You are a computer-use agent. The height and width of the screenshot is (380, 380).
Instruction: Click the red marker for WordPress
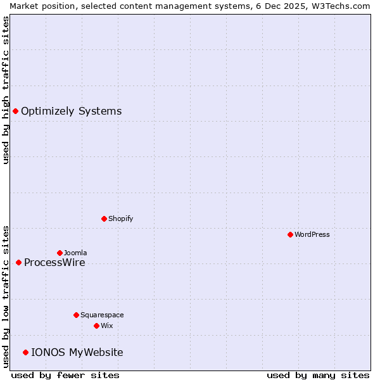click(x=290, y=234)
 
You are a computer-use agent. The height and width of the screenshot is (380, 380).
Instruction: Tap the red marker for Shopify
click(x=104, y=218)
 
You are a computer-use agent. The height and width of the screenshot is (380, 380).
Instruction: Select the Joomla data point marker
click(x=60, y=253)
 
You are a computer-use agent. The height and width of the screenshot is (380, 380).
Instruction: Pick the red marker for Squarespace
click(x=76, y=315)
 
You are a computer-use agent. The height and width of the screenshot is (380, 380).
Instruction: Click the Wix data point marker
click(x=96, y=326)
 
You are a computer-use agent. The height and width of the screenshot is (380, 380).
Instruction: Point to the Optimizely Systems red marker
click(x=15, y=111)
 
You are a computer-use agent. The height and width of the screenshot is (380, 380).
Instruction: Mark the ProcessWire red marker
click(x=18, y=262)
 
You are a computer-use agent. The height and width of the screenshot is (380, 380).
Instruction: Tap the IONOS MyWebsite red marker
click(x=25, y=352)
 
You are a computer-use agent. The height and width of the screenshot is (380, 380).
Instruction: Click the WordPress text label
click(x=312, y=234)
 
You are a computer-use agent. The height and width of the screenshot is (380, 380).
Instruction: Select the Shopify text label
click(x=120, y=218)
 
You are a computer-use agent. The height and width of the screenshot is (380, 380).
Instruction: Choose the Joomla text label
click(x=75, y=253)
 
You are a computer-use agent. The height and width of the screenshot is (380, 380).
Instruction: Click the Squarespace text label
click(x=102, y=315)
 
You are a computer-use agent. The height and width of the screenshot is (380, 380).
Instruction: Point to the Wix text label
click(x=106, y=326)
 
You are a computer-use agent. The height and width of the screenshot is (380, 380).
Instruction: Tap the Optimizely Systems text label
click(x=71, y=111)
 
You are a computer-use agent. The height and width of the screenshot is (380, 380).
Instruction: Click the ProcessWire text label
click(x=54, y=263)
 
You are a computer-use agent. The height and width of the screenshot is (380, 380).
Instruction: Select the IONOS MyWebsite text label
click(x=77, y=353)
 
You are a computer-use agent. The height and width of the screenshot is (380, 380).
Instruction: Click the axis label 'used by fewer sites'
click(x=65, y=375)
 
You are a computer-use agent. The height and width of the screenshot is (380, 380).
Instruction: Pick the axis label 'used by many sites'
click(x=318, y=375)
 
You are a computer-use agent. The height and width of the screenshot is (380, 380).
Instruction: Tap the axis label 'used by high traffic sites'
click(x=6, y=90)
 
